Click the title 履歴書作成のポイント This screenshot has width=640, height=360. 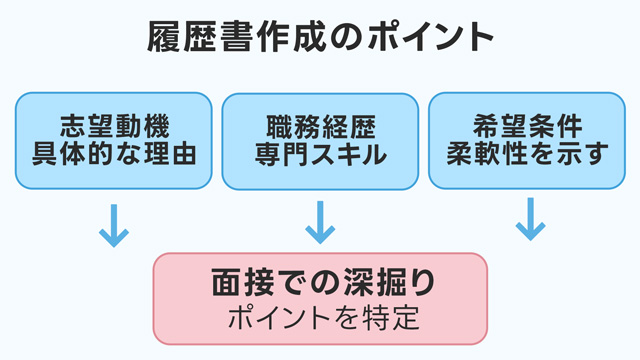pos(320,37)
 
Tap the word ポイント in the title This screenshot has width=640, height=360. pos(431,37)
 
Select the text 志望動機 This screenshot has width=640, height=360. pos(115,127)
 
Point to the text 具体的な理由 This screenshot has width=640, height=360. pos(114,153)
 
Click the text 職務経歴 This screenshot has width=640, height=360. pos(321,127)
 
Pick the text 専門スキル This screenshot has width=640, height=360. pos(321,154)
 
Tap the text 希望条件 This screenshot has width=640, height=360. pos(527,127)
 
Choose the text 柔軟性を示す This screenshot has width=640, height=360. pos(527,153)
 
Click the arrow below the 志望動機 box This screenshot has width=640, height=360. pos(114,225)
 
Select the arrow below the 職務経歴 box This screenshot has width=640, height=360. pos(320,222)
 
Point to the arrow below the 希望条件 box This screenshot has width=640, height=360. pos(531,219)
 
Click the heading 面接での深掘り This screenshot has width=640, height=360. pos(324,282)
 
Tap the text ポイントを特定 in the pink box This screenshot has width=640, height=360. pos(324,318)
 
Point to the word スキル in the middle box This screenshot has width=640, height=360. pos(348,154)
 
